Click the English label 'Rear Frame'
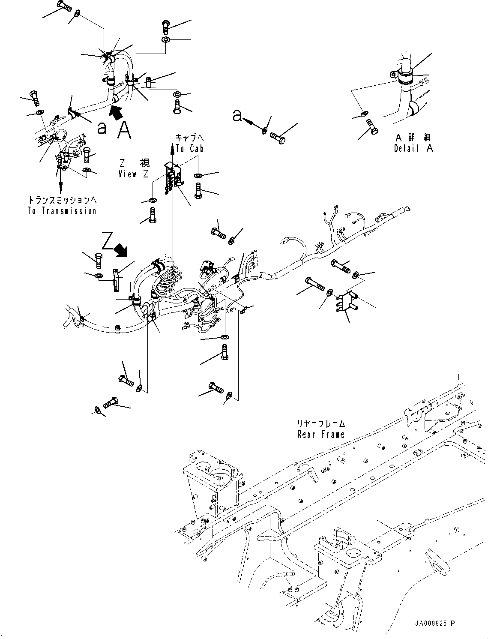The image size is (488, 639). click(321, 434)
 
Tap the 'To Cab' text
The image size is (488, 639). click(189, 149)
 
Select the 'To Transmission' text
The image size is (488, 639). click(62, 211)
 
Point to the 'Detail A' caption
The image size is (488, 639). click(413, 148)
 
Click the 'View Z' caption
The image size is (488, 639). click(134, 174)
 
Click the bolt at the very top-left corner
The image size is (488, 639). click(63, 6)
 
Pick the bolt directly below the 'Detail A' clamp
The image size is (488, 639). click(371, 127)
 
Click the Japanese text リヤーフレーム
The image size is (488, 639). click(321, 424)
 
